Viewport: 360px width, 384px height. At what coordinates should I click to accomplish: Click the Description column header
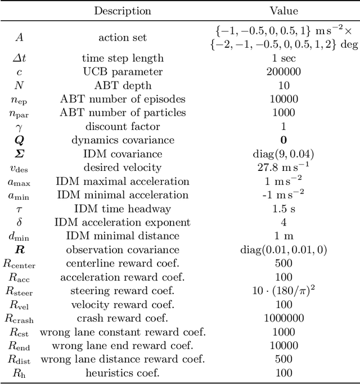pyautogui.click(x=122, y=11)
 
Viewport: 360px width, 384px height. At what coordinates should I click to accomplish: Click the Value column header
pyautogui.click(x=283, y=11)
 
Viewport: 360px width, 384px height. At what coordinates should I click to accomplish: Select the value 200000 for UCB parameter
pyautogui.click(x=283, y=72)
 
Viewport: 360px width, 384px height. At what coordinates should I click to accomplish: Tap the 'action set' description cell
pyautogui.click(x=122, y=38)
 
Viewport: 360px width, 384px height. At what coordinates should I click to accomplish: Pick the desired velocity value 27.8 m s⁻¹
pyautogui.click(x=283, y=168)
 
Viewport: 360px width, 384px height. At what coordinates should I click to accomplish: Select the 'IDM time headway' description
pyautogui.click(x=122, y=209)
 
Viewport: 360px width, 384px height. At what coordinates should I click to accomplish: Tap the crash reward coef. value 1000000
pyautogui.click(x=283, y=318)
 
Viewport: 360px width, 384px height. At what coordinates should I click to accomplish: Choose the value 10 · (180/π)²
pyautogui.click(x=283, y=291)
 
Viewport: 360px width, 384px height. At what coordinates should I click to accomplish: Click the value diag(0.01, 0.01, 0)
pyautogui.click(x=283, y=250)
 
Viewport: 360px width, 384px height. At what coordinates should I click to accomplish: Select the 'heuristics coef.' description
pyautogui.click(x=122, y=373)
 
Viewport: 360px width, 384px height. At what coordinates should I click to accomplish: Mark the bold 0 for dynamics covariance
pyautogui.click(x=283, y=141)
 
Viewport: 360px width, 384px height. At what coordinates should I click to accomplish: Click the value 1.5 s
pyautogui.click(x=283, y=209)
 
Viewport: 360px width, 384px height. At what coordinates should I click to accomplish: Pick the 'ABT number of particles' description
pyautogui.click(x=122, y=113)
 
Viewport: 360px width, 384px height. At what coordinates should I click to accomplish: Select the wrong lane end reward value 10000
pyautogui.click(x=283, y=346)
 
